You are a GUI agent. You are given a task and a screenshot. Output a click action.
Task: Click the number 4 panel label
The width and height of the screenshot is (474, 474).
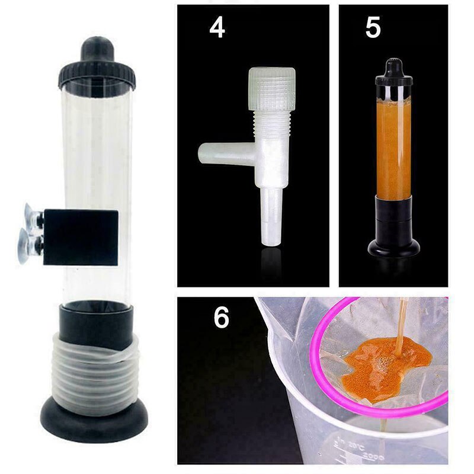[x=217, y=27]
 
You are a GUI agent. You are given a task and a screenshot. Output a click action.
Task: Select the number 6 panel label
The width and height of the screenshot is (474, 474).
[x=221, y=318]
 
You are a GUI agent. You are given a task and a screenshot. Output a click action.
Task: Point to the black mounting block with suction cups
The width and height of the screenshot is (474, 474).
[x=81, y=236]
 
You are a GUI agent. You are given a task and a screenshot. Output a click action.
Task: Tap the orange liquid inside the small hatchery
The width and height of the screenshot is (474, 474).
[x=393, y=148]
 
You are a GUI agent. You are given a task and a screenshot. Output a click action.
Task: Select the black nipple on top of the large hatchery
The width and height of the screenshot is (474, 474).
[x=97, y=49]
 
